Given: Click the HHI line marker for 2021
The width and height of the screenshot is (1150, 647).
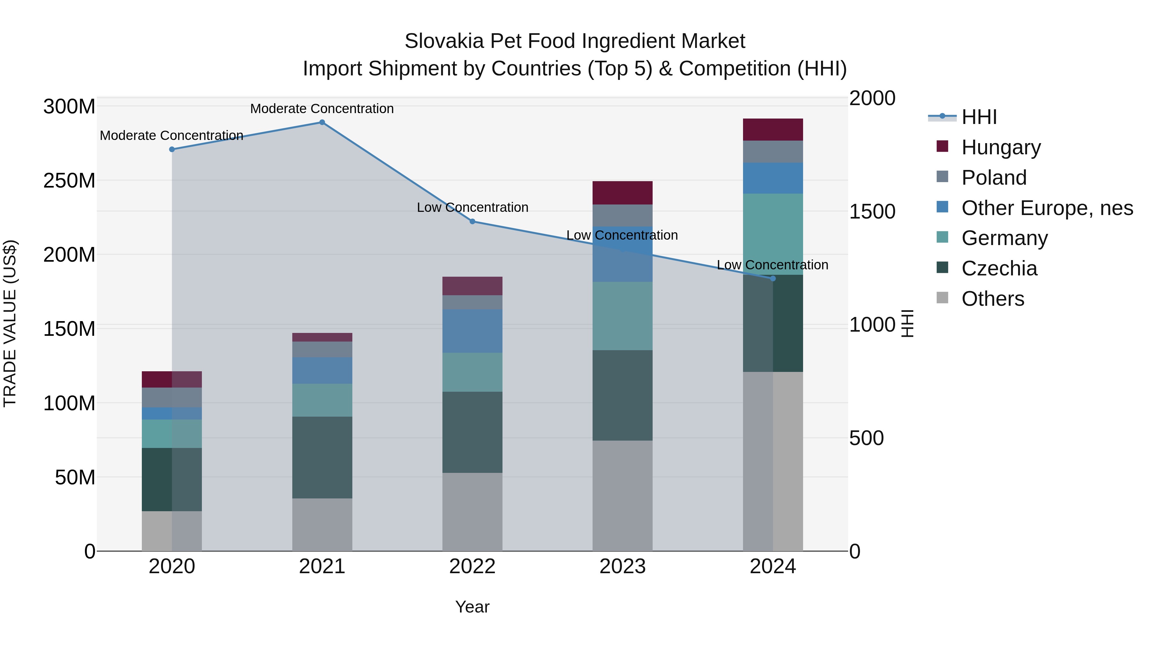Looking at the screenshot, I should pos(322,122).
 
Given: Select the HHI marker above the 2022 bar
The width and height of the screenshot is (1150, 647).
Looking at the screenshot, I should pos(472,221).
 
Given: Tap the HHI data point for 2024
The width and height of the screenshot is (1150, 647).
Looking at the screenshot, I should pos(773,279).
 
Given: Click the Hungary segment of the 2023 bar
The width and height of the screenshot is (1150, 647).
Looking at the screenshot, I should pos(622,193).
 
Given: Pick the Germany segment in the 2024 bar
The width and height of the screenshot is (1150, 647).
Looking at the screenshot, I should pos(773,234).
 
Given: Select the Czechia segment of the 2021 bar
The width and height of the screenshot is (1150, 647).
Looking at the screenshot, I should pos(322,457).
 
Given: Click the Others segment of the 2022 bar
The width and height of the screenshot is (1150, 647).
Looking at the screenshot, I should pos(472,512).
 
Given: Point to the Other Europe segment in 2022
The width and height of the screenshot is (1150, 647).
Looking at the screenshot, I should pos(472,331).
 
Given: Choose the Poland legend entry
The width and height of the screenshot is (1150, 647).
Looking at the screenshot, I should pos(994,178).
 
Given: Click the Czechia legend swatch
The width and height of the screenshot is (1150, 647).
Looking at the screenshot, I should pos(942,267).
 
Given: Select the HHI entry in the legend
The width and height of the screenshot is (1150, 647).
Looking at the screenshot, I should pos(978,117).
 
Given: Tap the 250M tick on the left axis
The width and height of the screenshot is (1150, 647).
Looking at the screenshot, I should pos(69,181).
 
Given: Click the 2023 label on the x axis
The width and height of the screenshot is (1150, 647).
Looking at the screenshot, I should pos(622,566).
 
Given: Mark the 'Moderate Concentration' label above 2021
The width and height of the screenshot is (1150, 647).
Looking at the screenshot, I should pos(322,109).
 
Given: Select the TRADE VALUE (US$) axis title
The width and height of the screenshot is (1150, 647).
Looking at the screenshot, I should pos(10,323).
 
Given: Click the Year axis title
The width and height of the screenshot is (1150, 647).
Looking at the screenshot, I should pos(472,607).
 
